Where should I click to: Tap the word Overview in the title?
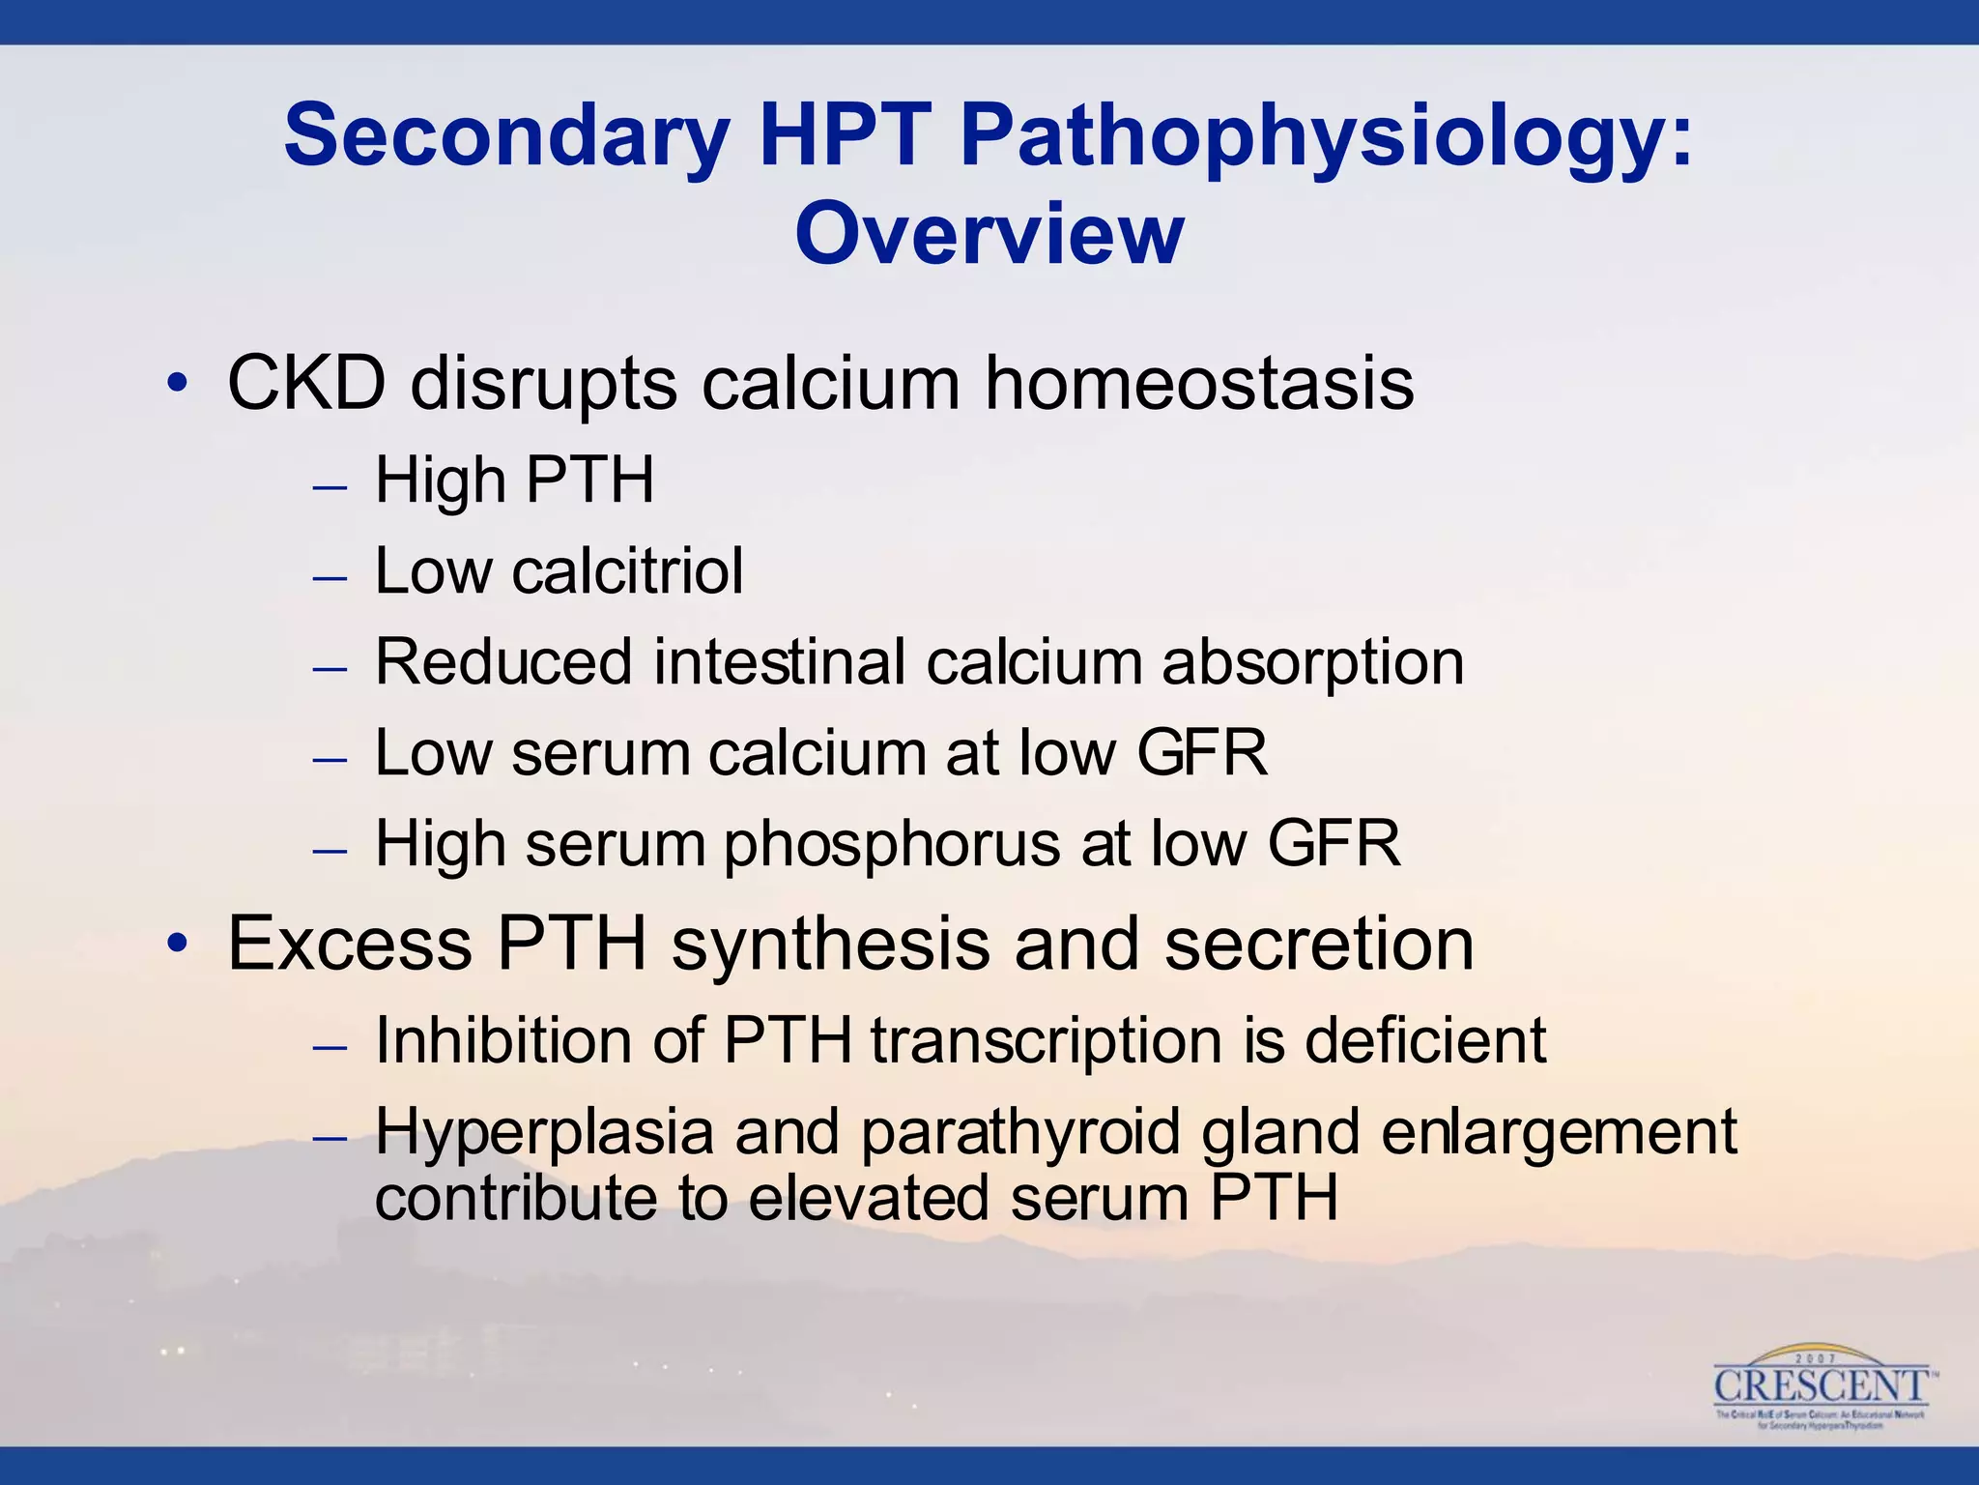[989, 234]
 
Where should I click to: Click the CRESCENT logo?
[1821, 1388]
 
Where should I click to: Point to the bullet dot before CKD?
[176, 385]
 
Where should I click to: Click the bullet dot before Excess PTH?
[176, 944]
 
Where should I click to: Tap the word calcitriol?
[627, 570]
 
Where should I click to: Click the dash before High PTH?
[330, 486]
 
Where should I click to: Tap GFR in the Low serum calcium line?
[1201, 752]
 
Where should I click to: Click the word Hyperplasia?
[543, 1132]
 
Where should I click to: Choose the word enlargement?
[1558, 1132]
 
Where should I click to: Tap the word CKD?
[306, 384]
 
